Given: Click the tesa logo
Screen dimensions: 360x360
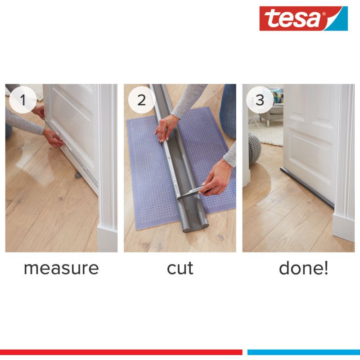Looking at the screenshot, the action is (303, 18).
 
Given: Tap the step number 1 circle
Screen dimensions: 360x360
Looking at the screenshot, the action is (23, 99).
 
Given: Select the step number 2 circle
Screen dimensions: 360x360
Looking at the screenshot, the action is (141, 99).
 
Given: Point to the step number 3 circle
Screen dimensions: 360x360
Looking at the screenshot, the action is (260, 99).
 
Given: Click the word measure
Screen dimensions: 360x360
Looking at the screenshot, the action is (61, 268).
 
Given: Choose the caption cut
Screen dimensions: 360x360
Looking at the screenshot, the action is (180, 268).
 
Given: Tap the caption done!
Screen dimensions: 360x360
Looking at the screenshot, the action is (303, 267).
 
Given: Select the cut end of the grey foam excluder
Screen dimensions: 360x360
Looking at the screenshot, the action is (195, 226).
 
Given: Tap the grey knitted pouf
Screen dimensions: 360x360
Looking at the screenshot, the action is (254, 148).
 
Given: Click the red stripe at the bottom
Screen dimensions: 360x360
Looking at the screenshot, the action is (121, 352).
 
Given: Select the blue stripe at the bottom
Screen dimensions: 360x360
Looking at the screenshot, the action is (303, 352).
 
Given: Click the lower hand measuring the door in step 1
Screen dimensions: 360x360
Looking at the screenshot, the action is (54, 138).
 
